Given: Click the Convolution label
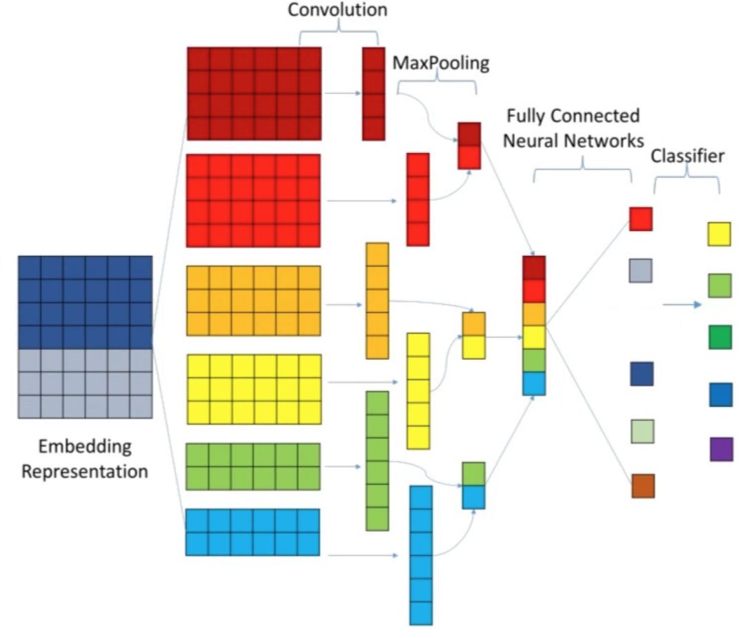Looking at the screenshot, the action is coord(337,10).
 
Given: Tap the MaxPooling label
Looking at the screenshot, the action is coord(441,63).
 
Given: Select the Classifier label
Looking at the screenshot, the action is coord(688,156).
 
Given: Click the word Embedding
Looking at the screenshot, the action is coord(84,446).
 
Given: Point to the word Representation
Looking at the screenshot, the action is coord(84,472).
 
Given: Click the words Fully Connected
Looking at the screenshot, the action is coord(573,115).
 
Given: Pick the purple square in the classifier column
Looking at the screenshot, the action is coord(721,449).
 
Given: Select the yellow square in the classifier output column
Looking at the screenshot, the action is coord(719,234).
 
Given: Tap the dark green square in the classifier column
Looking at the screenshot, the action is coord(719,337).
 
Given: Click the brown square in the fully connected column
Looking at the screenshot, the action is coord(643,486).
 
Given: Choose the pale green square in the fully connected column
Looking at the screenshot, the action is coord(642,431).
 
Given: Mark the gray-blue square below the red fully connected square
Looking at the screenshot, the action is coord(640,270).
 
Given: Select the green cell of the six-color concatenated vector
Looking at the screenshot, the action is coord(534,360).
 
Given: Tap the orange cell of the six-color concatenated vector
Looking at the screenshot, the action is coord(534,314).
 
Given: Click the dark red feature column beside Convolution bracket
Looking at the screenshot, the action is coord(373,94).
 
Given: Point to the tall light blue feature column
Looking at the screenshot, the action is coord(421,555).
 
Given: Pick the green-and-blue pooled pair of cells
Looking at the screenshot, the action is coord(473,486).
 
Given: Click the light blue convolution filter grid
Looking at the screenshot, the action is coord(252,532).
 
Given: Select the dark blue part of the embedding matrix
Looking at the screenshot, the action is coord(85,302).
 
